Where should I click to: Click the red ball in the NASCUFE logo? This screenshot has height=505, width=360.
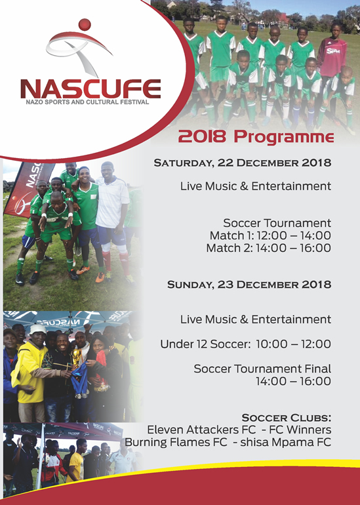coord(85,25)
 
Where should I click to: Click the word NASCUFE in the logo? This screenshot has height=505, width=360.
coord(90,89)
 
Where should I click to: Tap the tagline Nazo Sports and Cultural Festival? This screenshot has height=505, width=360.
coord(87,102)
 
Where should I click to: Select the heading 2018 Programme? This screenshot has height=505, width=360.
coord(256,137)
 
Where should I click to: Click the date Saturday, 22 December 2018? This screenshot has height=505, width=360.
coord(243,163)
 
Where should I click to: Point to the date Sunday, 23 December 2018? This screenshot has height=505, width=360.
coord(249,285)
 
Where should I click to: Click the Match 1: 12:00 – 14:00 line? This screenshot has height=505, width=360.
coord(270,235)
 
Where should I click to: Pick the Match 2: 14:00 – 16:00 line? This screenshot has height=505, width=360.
coord(269,248)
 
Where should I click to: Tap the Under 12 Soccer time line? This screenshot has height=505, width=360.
coord(246,344)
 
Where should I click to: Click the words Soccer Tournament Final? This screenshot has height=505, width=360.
coord(262,369)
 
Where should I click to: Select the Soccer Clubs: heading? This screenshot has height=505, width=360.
coord(287,418)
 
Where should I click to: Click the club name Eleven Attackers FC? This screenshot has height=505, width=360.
coord(201,430)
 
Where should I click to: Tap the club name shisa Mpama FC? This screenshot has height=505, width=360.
coord(286,442)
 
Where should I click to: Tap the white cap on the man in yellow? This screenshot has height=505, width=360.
coord(37,329)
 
